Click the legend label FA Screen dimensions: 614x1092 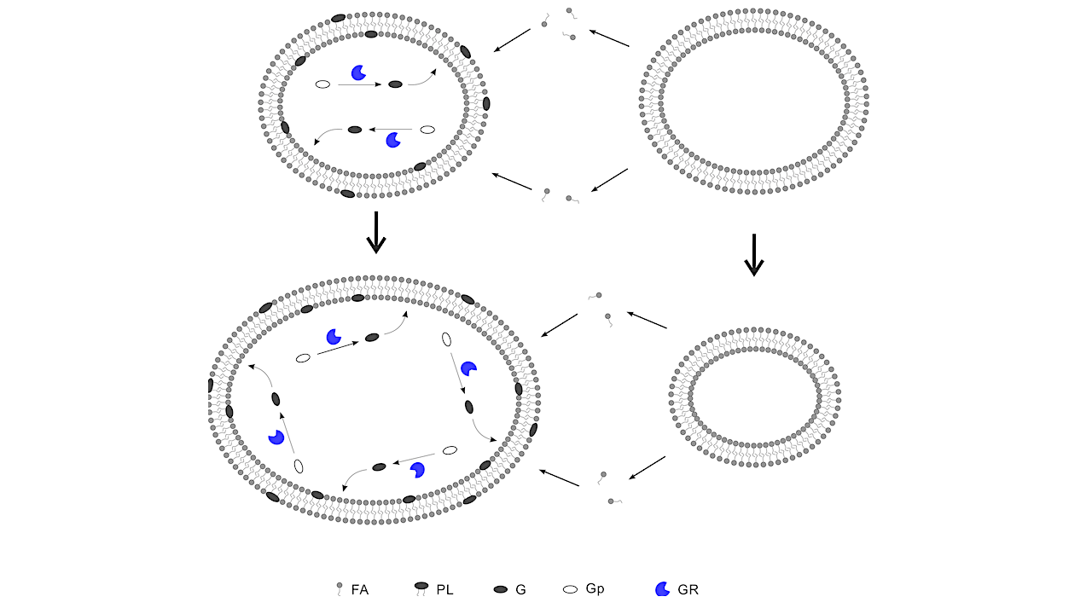(x=360, y=589)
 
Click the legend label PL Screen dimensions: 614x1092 (x=444, y=589)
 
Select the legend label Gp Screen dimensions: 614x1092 (x=595, y=588)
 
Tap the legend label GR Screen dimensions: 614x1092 (x=688, y=589)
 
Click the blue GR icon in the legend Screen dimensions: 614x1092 (x=661, y=589)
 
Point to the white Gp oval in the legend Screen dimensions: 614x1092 (x=571, y=589)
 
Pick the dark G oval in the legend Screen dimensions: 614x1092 (x=501, y=589)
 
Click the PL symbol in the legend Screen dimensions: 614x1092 (x=421, y=588)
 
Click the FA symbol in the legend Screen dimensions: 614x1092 (x=340, y=588)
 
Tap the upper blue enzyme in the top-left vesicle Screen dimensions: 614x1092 (x=358, y=73)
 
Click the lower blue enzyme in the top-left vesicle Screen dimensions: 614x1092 (x=393, y=140)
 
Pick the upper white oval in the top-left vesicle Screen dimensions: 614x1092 (x=323, y=84)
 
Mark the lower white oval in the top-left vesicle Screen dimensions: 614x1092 (x=427, y=130)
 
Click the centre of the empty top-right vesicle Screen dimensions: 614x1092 (x=753, y=101)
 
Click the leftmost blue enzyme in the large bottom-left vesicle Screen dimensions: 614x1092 (x=276, y=437)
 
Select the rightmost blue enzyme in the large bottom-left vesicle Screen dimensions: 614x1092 (x=468, y=368)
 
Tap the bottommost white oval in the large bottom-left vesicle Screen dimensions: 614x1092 (x=299, y=466)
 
